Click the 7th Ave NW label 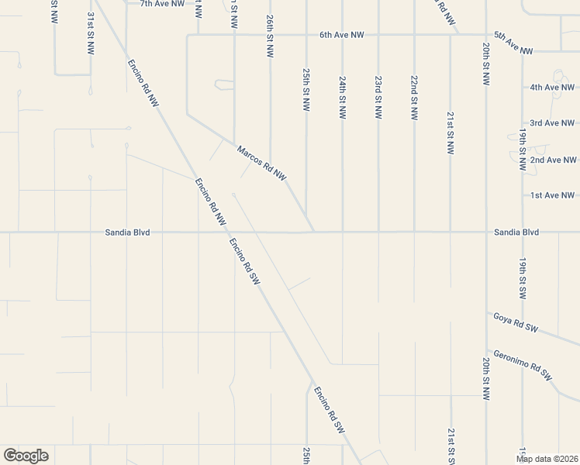tap(162, 4)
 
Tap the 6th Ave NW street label tap(342, 35)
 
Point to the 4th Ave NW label tap(552, 88)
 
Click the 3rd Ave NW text tap(552, 123)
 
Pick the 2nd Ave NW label tap(552, 160)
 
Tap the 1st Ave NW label tap(552, 195)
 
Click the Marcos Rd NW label tap(261, 164)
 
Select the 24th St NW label tap(342, 97)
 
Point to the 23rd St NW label tap(378, 97)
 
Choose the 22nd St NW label tap(414, 97)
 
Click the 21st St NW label tap(450, 133)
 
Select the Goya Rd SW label tap(516, 322)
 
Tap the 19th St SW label tap(523, 279)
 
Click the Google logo tap(26, 456)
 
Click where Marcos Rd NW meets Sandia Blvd tap(314, 231)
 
